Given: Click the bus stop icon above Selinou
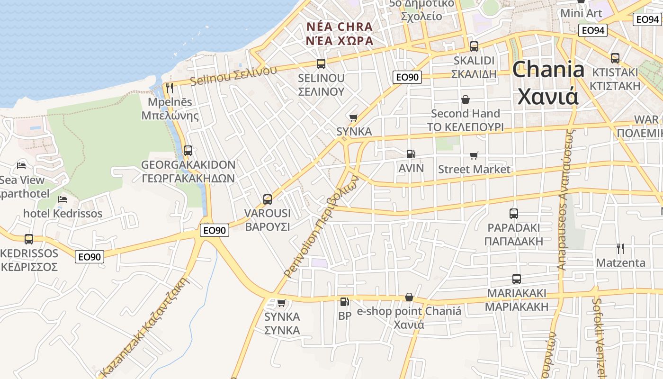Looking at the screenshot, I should pos(321,63).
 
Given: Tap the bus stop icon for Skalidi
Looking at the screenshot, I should pos(474,46).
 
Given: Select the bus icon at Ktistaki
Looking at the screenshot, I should pos(615,58).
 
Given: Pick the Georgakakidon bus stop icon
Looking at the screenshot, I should pos(188,151).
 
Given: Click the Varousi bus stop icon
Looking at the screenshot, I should pos(268,199).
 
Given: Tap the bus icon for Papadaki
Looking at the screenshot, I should pos(514,214).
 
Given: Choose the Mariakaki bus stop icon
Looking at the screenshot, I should pos(516,279).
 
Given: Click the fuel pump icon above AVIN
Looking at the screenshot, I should pos(411,154).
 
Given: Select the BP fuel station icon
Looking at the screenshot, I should pos(344,301).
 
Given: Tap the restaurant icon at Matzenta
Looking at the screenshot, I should pos(620,248).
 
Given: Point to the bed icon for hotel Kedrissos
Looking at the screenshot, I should pos(62,199).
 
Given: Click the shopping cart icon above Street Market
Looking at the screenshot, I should pos(474,155).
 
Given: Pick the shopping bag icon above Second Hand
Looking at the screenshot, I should pos(466,99).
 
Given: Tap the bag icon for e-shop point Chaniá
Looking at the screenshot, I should pos(409,297).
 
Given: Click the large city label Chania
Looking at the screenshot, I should pos(548,70).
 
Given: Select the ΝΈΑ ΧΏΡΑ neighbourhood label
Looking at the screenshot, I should pos(340,40).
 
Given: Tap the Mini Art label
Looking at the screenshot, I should pos(581,13).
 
